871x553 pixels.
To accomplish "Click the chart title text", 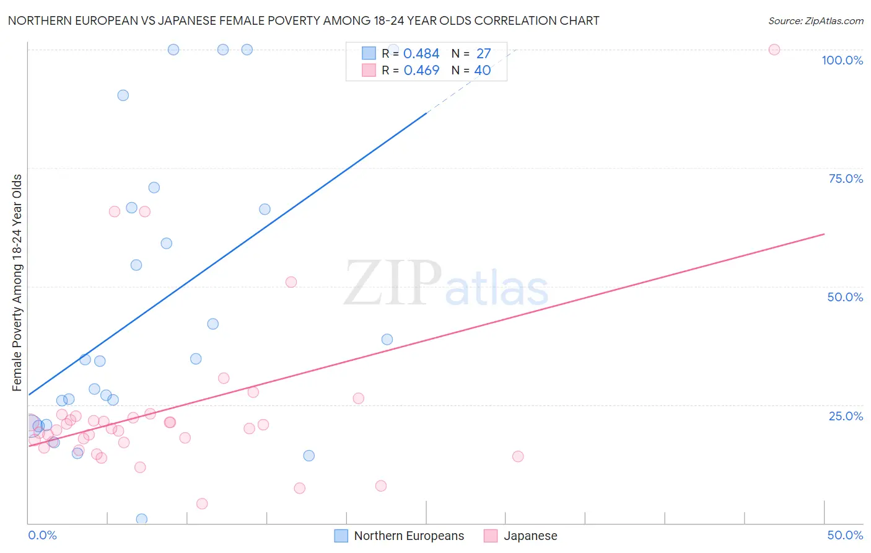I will tap(304, 20).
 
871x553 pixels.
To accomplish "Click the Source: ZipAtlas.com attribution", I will tap(815, 20).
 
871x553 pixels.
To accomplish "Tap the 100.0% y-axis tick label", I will tap(842, 60).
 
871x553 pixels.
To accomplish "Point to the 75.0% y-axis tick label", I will tap(846, 179).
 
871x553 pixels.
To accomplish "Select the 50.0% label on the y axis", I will tap(845, 297).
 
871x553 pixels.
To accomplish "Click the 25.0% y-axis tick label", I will tap(846, 415).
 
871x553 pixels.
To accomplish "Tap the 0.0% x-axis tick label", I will tap(42, 535).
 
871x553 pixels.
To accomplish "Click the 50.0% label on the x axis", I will tap(845, 535).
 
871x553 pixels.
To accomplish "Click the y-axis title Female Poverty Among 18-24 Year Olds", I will tap(17, 283).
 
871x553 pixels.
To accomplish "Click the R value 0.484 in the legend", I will tap(421, 54).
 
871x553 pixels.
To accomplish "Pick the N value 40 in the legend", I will tap(482, 71).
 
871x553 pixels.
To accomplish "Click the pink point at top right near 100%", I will tap(774, 50).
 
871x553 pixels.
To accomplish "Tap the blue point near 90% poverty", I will tap(123, 95).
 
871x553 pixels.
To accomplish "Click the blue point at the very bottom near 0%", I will tap(142, 519).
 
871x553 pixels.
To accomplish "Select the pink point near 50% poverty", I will tap(291, 282).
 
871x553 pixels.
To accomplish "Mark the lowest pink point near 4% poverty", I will tap(202, 503).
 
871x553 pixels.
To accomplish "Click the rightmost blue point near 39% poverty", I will tap(387, 339).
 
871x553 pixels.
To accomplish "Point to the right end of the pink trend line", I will tap(824, 234).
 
